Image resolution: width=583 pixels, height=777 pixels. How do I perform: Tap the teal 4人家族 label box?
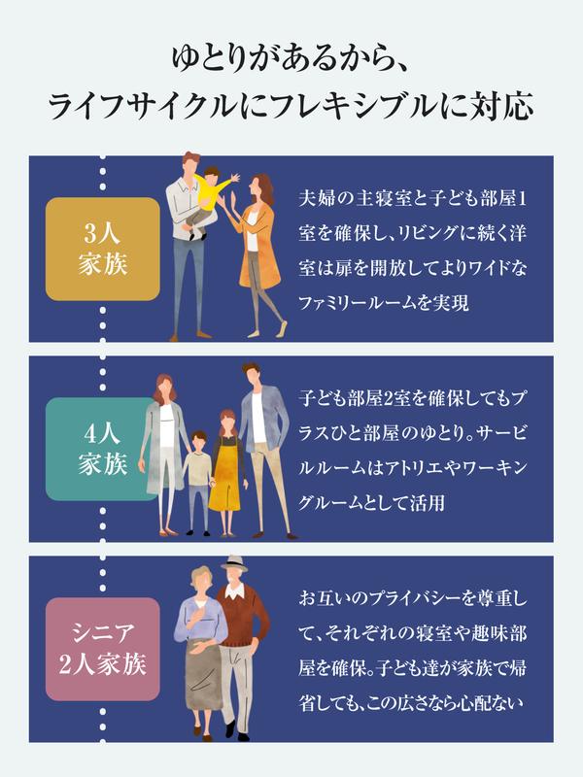(103, 447)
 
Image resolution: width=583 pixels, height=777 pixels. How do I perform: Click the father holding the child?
(184, 243)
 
